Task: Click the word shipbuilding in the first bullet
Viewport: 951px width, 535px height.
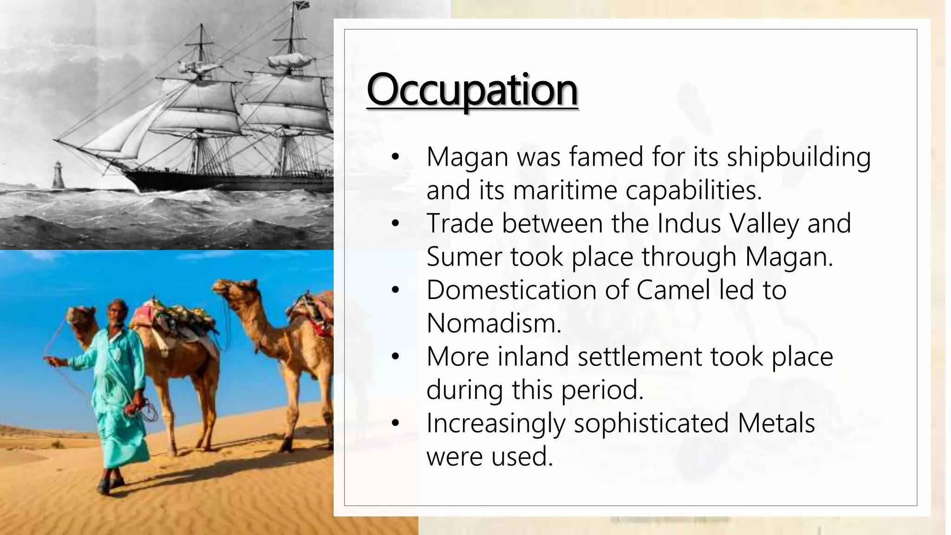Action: pyautogui.click(x=798, y=157)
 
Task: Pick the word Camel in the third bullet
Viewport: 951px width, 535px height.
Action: pyautogui.click(x=673, y=290)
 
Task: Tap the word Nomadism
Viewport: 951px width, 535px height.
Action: pyautogui.click(x=494, y=323)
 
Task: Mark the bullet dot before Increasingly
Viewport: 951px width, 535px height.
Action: pyautogui.click(x=395, y=423)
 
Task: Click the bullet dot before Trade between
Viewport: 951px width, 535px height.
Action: pyautogui.click(x=395, y=223)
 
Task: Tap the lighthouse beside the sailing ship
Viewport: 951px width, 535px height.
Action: pyautogui.click(x=58, y=175)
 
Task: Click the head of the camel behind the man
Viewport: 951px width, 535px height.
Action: pyautogui.click(x=80, y=317)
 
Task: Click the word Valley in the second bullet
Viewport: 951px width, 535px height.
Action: pyautogui.click(x=764, y=223)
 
